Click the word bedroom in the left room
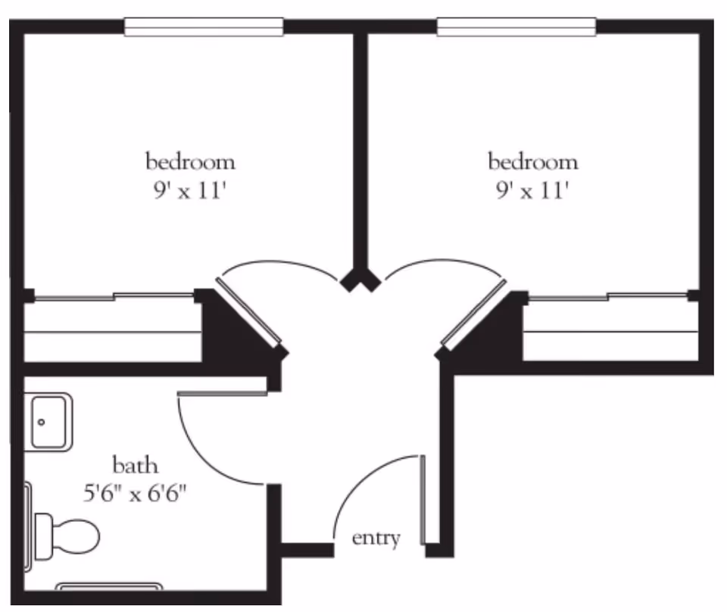coord(190,161)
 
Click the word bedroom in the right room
coord(532,161)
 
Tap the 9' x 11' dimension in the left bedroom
coord(190,190)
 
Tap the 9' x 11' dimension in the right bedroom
coord(532,190)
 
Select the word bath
coord(136,464)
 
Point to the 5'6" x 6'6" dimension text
coord(136,494)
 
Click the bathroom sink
coord(51,421)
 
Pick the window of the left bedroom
coord(204,27)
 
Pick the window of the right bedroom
coord(516,27)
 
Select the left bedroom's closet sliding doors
coord(114,297)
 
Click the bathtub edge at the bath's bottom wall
coord(110,586)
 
